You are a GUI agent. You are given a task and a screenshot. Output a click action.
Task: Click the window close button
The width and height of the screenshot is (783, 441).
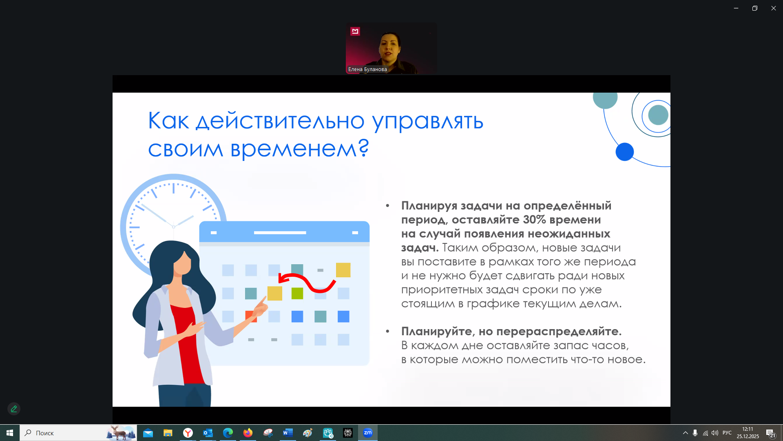coord(773,8)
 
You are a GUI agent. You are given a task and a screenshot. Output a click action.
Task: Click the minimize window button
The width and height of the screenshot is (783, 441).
coord(736,8)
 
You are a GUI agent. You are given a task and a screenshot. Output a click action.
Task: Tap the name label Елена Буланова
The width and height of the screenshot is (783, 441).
coord(367,69)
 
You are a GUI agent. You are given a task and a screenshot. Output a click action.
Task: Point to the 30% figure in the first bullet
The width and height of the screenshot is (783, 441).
coord(534,220)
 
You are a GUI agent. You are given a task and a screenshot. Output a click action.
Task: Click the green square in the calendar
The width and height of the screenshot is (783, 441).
coord(297,293)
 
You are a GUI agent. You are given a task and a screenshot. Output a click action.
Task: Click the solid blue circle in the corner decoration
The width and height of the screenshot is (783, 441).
coord(624,152)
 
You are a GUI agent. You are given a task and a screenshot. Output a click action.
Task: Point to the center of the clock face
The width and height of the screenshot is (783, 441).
coord(173,227)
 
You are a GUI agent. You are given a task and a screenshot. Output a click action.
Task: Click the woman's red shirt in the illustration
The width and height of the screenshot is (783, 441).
coord(187,343)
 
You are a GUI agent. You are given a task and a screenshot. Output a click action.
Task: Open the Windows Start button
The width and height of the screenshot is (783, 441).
coord(10,433)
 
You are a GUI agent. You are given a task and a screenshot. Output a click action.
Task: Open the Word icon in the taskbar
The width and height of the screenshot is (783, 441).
coord(288,433)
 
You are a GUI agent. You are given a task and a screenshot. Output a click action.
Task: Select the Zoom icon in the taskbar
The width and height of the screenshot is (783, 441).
coord(368,433)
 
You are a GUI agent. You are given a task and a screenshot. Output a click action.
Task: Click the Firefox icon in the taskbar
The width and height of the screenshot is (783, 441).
coord(248,433)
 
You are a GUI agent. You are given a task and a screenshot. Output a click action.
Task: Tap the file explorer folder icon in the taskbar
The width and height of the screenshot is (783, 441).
coord(168,433)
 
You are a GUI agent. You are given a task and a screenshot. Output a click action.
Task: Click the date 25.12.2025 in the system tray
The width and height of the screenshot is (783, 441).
coord(748,437)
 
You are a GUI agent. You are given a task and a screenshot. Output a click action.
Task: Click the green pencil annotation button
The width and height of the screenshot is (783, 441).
coord(14,409)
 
